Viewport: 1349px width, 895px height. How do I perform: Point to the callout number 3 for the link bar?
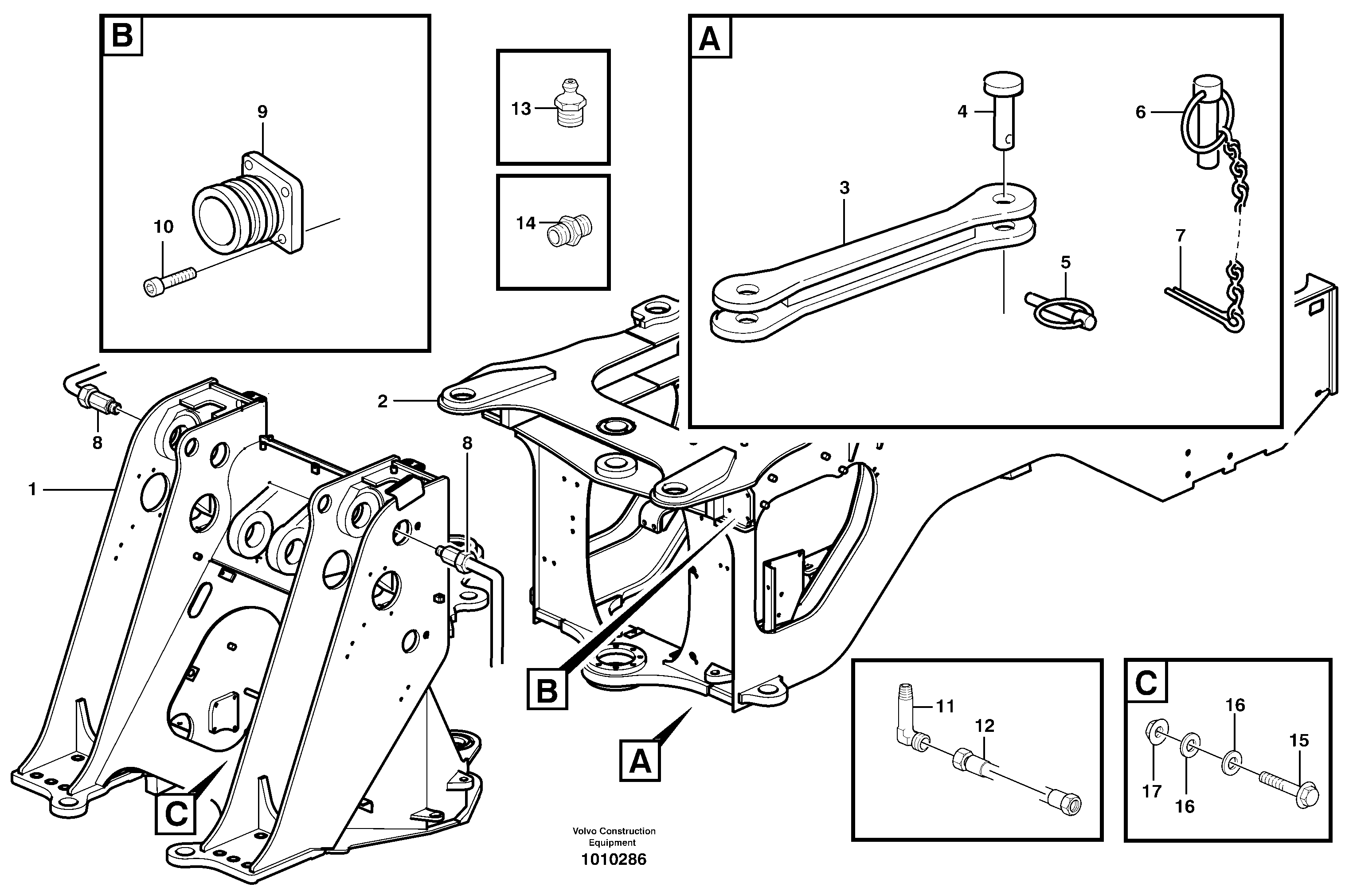(x=845, y=188)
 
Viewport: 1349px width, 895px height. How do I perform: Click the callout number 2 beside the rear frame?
(x=382, y=402)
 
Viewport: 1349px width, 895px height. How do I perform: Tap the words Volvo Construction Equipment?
(x=614, y=837)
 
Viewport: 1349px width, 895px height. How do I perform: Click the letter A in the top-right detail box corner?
(x=709, y=39)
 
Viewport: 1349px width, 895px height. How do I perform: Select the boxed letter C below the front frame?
(x=175, y=813)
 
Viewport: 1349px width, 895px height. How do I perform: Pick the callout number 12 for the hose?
(x=985, y=726)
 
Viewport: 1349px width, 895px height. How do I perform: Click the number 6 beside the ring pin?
(x=1140, y=113)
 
